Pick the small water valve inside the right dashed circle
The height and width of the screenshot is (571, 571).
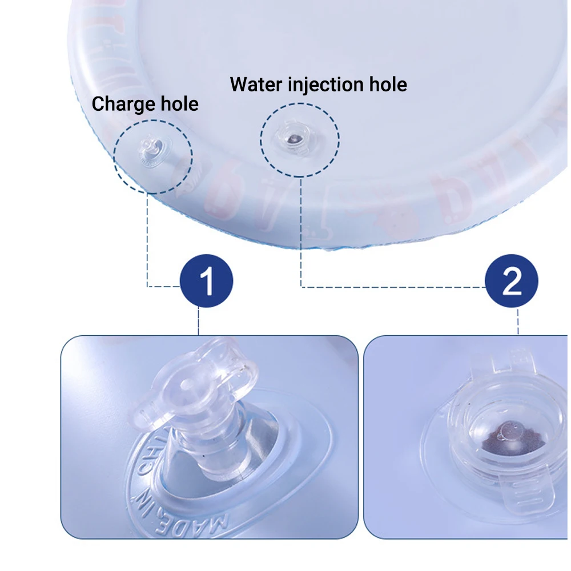click(x=291, y=138)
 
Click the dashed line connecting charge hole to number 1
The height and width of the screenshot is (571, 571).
click(x=148, y=240)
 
